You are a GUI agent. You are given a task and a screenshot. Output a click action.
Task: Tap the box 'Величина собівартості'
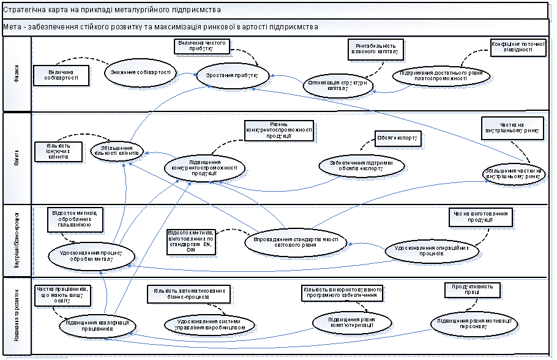pos(62,76)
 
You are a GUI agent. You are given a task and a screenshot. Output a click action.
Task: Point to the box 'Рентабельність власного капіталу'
pos(376,48)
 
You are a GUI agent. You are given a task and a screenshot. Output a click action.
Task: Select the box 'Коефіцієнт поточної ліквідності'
pos(518,48)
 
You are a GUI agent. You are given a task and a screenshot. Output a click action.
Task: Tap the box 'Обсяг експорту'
pos(397,139)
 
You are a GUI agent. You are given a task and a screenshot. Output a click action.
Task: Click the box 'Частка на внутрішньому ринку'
pos(512,125)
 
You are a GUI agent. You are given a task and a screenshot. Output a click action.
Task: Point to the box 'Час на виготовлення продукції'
pos(480,217)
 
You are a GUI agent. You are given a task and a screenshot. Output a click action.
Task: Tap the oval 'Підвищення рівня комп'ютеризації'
pos(351,321)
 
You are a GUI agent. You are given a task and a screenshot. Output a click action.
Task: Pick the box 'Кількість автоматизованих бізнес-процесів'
pos(189,293)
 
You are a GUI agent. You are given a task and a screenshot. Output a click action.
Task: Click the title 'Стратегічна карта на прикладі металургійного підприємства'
pos(116,10)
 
